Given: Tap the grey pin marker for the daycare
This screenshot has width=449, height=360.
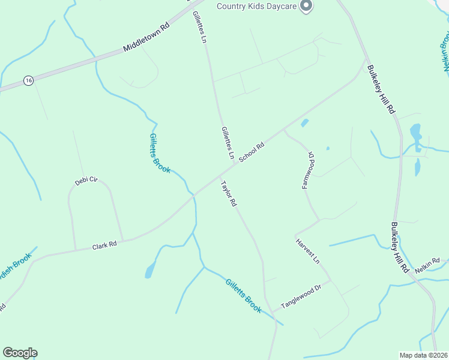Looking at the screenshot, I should [306, 6].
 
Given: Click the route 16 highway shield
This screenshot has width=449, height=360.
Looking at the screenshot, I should [28, 80].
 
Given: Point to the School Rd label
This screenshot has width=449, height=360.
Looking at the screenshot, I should [252, 152].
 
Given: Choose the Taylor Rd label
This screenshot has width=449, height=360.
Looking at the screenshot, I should [229, 194].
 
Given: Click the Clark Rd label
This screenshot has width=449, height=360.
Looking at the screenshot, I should [104, 246].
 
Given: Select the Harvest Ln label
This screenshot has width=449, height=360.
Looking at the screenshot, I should [308, 251].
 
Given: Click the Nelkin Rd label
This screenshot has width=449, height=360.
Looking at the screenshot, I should [427, 263].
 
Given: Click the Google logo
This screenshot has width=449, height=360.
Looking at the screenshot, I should [20, 353].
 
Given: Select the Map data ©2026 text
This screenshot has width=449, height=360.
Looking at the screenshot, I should [423, 355].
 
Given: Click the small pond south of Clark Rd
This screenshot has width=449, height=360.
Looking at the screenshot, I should [149, 272].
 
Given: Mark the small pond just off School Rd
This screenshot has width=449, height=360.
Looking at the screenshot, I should [304, 123].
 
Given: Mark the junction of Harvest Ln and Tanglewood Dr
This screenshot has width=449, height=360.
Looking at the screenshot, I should [331, 280].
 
